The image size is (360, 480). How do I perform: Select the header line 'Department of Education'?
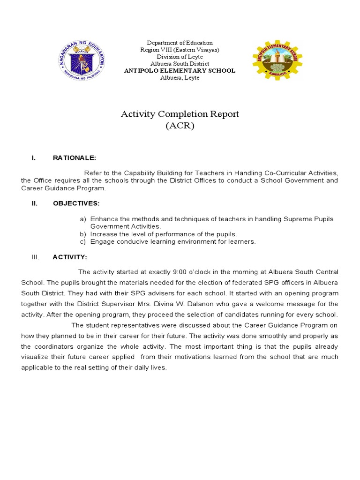tap(180, 43)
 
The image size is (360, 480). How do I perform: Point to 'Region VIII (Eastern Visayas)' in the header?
tap(180, 50)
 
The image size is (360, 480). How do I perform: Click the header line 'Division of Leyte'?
tap(180, 57)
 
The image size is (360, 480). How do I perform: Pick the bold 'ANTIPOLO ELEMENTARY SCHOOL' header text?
tap(180, 71)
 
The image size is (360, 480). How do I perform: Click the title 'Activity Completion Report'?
tap(180, 114)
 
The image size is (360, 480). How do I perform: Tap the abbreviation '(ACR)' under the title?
tap(180, 126)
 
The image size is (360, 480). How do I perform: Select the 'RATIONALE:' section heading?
tap(75, 158)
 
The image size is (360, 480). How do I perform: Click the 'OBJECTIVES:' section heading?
tap(76, 203)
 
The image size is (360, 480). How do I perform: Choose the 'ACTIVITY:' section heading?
tap(69, 257)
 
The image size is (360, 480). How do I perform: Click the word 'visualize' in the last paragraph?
tap(35, 357)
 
